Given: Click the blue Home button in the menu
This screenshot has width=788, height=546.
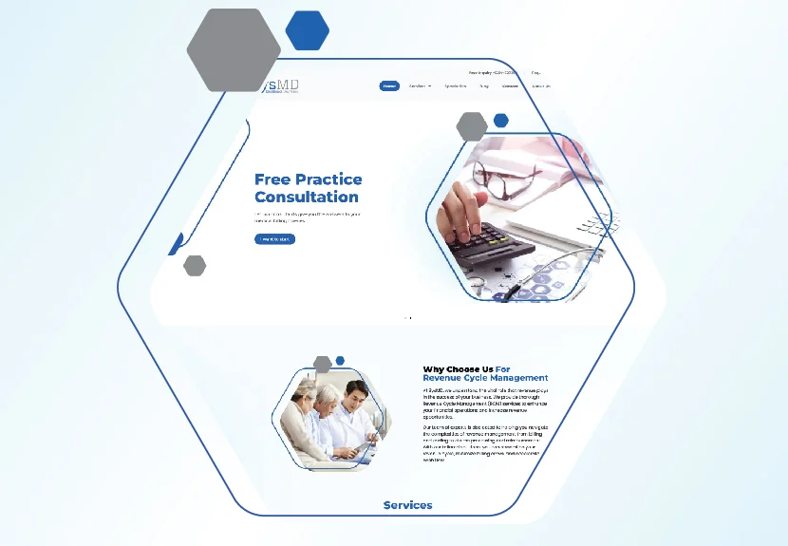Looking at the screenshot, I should click(x=389, y=86).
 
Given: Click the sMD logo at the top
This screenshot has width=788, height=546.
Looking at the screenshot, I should click(x=285, y=86).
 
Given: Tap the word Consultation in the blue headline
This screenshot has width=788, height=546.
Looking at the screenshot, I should click(x=306, y=198).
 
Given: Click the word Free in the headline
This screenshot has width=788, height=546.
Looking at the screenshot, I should click(x=272, y=179).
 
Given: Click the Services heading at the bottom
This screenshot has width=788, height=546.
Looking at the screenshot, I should click(x=407, y=505).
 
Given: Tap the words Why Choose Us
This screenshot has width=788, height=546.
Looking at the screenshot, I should click(x=458, y=369).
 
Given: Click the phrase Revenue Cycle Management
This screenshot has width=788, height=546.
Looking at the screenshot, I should click(x=485, y=378).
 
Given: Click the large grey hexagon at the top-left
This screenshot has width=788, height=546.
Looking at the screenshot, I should click(x=234, y=49).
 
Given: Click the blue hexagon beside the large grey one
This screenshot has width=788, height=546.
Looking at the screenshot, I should click(x=307, y=30).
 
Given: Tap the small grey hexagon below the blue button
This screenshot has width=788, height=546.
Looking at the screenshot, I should click(x=195, y=266).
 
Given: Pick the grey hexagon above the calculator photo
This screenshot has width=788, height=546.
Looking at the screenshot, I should click(x=472, y=125).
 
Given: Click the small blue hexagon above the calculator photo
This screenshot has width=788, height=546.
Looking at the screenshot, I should click(x=501, y=121).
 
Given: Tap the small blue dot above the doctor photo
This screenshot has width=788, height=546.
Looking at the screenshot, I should click(x=340, y=361).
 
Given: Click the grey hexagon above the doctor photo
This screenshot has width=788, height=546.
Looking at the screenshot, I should click(x=323, y=364).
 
